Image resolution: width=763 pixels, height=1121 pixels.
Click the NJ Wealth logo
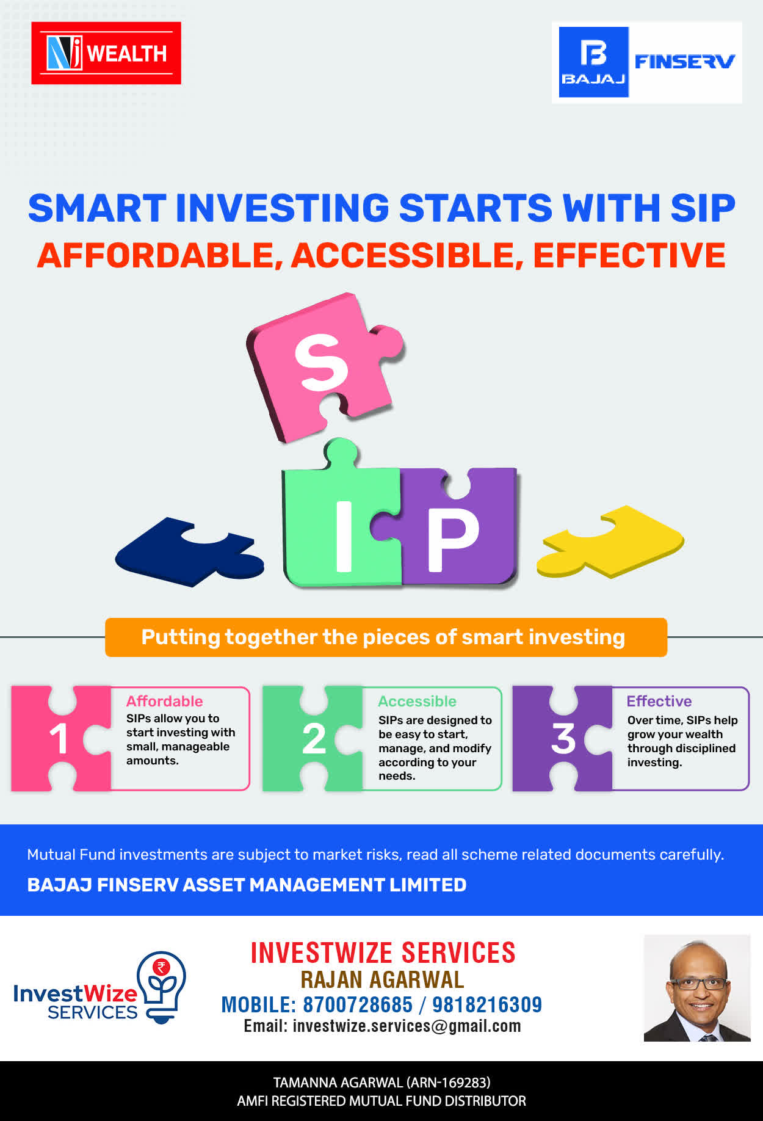pyautogui.click(x=106, y=53)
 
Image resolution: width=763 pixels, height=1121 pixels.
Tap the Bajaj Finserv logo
pyautogui.click(x=647, y=62)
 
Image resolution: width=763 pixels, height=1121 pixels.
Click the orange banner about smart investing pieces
pyautogui.click(x=386, y=637)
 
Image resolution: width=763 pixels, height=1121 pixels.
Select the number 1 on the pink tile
pyautogui.click(x=59, y=739)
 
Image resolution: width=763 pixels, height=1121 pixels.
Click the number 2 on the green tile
pyautogui.click(x=314, y=739)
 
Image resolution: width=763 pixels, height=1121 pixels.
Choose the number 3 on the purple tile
pyautogui.click(x=563, y=739)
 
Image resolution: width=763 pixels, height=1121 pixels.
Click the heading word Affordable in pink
pyautogui.click(x=164, y=701)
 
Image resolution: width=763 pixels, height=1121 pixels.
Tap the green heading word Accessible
pyautogui.click(x=417, y=701)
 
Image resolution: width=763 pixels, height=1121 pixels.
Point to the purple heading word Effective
pyautogui.click(x=659, y=701)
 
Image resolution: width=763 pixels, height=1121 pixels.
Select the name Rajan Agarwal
pyautogui.click(x=382, y=979)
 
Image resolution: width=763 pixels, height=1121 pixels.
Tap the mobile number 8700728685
pyautogui.click(x=358, y=1004)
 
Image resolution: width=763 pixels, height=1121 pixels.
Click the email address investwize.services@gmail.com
pyautogui.click(x=407, y=1026)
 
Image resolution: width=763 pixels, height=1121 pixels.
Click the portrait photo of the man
pyautogui.click(x=697, y=988)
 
